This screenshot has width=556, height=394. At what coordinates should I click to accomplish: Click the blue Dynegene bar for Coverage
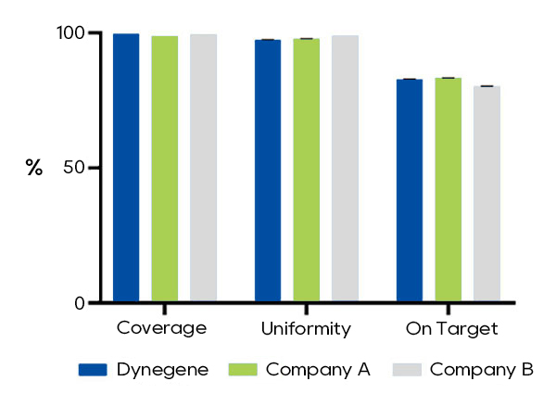point(126,168)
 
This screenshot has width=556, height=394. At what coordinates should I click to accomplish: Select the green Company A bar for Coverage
point(165,169)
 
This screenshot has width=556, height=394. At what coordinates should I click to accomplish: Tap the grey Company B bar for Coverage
point(204,168)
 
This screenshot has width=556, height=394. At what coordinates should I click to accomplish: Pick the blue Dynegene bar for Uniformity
point(268,171)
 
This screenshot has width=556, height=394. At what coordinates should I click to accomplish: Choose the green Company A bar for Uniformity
point(307,171)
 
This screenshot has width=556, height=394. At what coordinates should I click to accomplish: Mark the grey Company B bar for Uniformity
point(345,169)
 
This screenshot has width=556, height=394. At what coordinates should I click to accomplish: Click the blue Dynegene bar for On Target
point(410,191)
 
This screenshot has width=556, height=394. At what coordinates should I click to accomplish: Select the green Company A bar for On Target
point(449,190)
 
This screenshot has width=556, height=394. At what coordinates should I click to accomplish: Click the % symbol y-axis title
point(34,168)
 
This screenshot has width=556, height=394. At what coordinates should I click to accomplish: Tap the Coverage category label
point(161,329)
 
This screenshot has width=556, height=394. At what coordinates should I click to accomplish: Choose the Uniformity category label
point(306,329)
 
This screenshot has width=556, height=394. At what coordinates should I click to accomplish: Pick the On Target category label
point(452,329)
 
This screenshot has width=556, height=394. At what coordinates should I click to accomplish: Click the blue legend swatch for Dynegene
point(93,370)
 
